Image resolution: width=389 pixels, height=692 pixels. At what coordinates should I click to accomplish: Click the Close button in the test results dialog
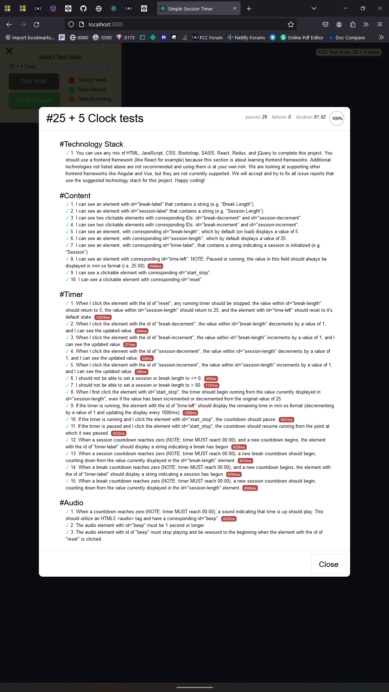click(x=328, y=564)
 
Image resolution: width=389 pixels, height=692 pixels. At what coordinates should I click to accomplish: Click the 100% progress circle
click(x=337, y=118)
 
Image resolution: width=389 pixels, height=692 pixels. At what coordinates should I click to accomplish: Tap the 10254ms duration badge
click(x=103, y=317)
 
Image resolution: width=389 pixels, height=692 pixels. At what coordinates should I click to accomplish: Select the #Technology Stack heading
click(x=91, y=144)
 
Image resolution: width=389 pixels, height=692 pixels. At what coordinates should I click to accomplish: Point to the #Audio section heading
click(x=71, y=503)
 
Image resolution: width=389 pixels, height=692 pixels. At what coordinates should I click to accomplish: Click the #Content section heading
click(x=75, y=196)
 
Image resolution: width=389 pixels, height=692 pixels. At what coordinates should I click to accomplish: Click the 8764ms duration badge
click(x=234, y=475)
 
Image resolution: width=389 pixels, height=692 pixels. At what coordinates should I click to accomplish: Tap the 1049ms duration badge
click(x=155, y=266)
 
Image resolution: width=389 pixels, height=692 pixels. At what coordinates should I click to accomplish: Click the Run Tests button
click(x=33, y=81)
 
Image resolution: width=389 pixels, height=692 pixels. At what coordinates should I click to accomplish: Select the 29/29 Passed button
click(x=33, y=100)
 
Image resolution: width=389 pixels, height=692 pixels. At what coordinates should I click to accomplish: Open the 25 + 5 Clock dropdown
click(x=60, y=67)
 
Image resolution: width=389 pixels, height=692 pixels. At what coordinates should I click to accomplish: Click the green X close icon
click(x=9, y=51)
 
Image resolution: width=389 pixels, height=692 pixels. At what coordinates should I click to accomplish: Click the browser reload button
click(x=36, y=25)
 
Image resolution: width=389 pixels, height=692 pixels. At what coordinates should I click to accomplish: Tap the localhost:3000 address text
click(x=106, y=25)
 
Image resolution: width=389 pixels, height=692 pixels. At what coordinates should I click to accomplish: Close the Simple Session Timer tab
click(x=234, y=9)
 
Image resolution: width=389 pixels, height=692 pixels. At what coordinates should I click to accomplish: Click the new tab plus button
click(x=249, y=9)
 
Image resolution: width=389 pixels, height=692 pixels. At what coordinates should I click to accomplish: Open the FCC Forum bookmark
click(x=207, y=37)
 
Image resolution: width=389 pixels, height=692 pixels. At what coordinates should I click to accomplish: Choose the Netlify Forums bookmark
click(x=246, y=37)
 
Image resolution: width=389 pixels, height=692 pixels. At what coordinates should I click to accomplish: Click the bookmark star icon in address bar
click(x=291, y=25)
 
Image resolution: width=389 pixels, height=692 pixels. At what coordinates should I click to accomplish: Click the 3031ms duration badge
click(x=286, y=420)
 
